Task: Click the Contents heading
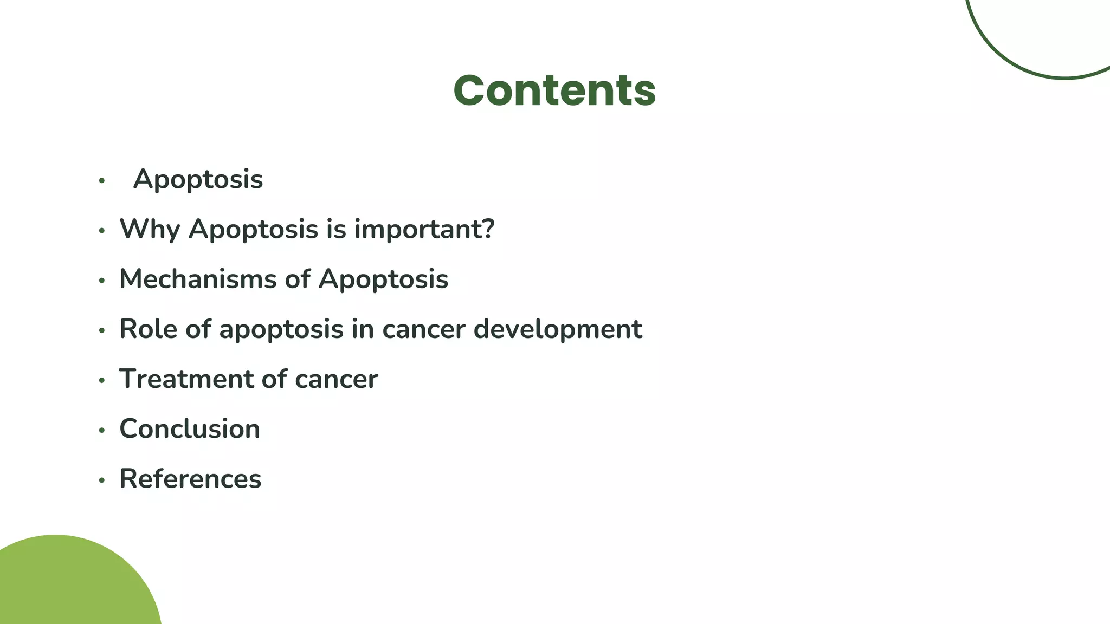[x=554, y=90]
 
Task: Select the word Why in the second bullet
[x=150, y=229]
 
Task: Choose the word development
[x=558, y=329]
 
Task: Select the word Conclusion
[x=190, y=428]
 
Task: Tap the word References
[x=190, y=479]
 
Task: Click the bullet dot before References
[x=101, y=480]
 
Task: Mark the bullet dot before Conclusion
[x=101, y=431]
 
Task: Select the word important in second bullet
[x=417, y=229]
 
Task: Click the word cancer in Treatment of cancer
[x=336, y=379]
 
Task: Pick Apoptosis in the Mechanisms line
[x=383, y=279]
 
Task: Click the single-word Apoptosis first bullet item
[x=198, y=179]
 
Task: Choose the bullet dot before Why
[x=101, y=231]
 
